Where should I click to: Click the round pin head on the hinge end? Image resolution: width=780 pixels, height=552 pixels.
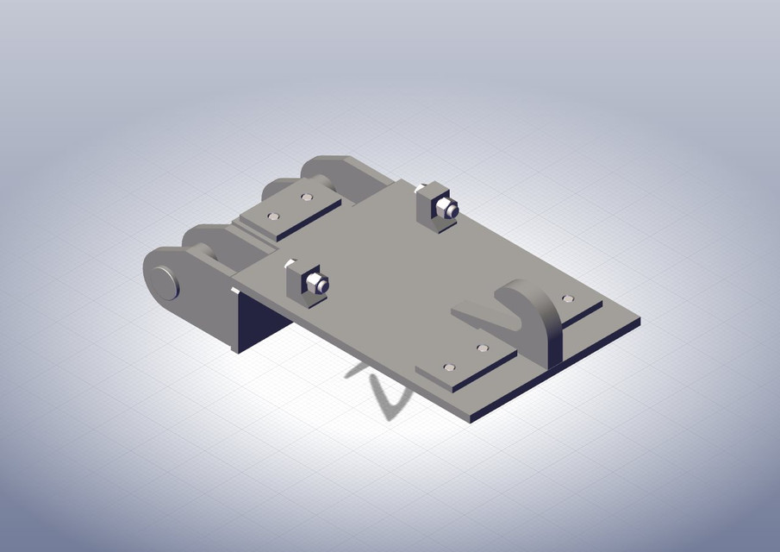click(x=164, y=282)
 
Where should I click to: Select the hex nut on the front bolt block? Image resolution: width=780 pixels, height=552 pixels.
click(x=315, y=284)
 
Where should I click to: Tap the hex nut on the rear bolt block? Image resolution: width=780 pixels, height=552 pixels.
click(x=447, y=208)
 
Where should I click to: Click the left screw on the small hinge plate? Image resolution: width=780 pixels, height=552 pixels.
click(x=273, y=216)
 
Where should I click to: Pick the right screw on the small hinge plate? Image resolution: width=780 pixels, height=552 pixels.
click(x=306, y=197)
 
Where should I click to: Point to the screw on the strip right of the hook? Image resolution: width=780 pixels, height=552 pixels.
click(x=567, y=298)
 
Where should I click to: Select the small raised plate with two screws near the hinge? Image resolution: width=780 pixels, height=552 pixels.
click(x=289, y=210)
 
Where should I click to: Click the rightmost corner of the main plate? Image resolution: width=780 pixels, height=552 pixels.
click(x=640, y=320)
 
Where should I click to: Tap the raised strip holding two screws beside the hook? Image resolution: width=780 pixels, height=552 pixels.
click(x=465, y=361)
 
